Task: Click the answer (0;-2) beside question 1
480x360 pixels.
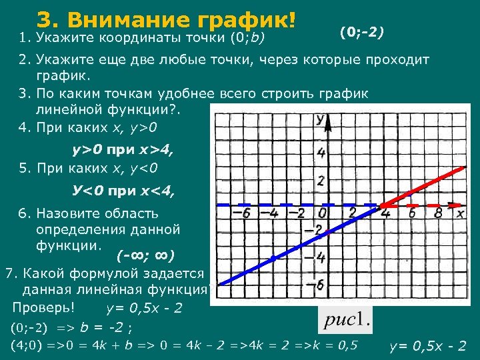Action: [x=361, y=32]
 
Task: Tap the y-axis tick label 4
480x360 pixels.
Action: [x=321, y=154]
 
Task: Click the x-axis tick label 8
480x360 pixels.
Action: [x=437, y=213]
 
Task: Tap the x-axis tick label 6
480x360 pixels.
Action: [x=412, y=213]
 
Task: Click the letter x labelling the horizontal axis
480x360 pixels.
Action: [x=460, y=213]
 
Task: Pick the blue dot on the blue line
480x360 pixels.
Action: [x=273, y=257]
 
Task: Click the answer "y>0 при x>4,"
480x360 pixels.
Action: [x=123, y=151]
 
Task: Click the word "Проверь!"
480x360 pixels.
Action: [x=43, y=307]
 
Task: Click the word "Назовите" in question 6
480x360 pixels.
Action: [x=65, y=214]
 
